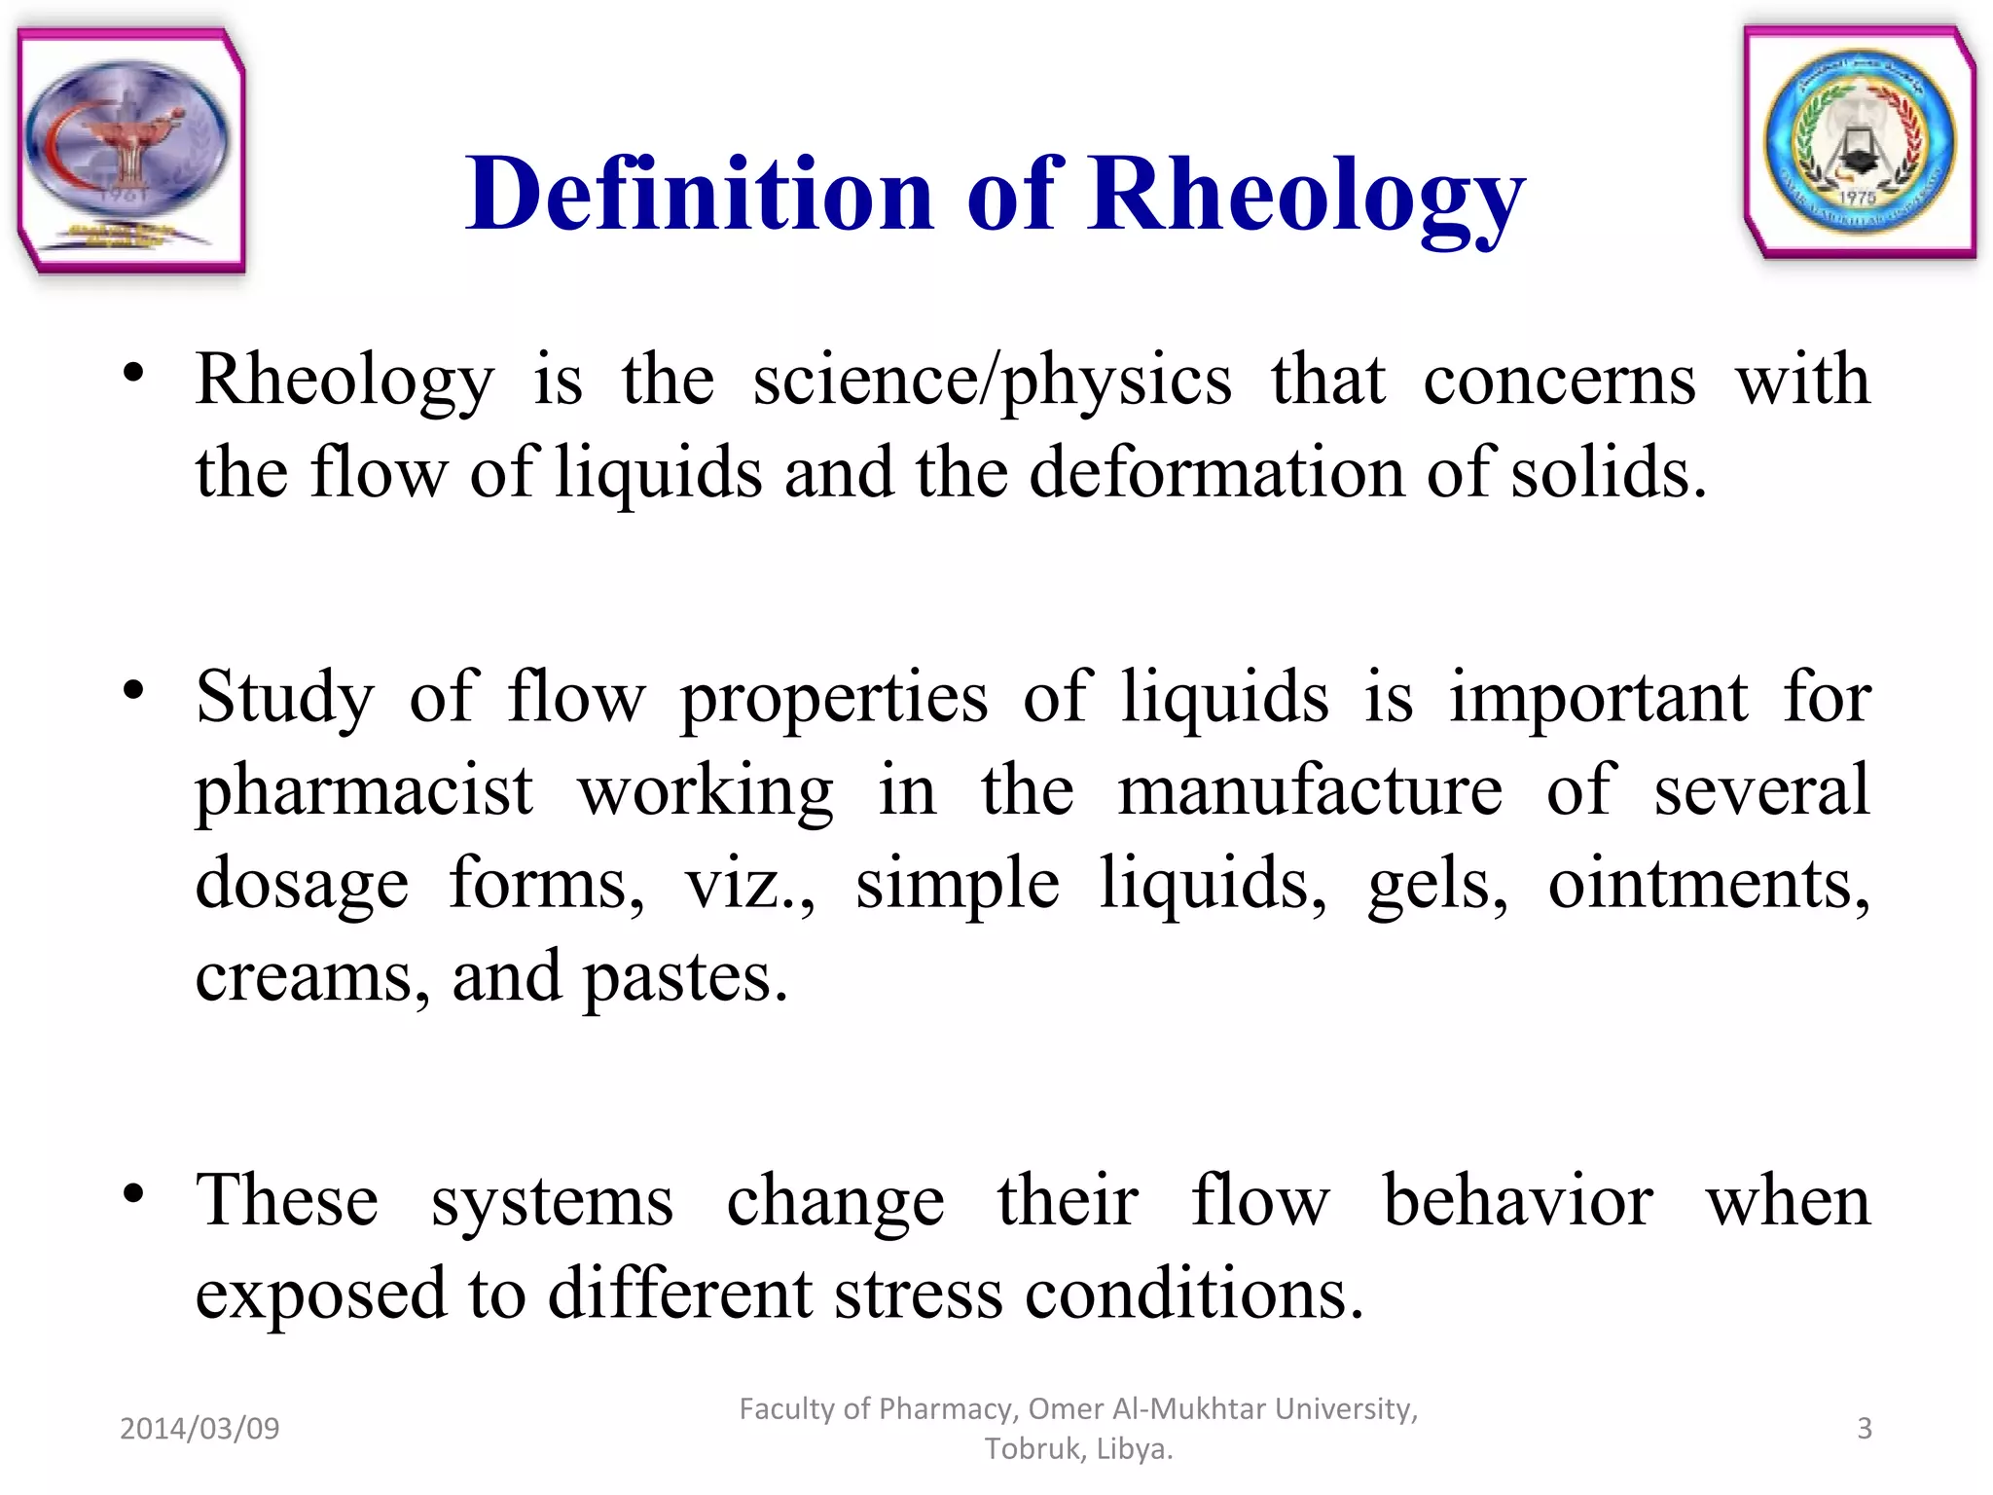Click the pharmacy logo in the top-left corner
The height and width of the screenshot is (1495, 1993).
[130, 151]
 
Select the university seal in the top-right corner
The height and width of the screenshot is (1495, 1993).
[1860, 143]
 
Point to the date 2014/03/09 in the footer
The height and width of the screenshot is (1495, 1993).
[199, 1428]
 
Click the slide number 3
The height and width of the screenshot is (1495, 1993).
[1864, 1428]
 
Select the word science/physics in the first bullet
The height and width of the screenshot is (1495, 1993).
[992, 382]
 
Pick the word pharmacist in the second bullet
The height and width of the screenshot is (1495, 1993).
[364, 792]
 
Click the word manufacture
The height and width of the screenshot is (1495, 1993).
[1310, 790]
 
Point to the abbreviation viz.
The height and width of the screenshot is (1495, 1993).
[747, 884]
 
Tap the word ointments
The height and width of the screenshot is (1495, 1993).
[1708, 884]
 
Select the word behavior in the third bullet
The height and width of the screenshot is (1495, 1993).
[1518, 1201]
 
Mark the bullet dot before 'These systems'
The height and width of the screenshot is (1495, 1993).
[134, 1193]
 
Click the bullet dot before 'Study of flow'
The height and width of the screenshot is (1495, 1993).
[134, 690]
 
